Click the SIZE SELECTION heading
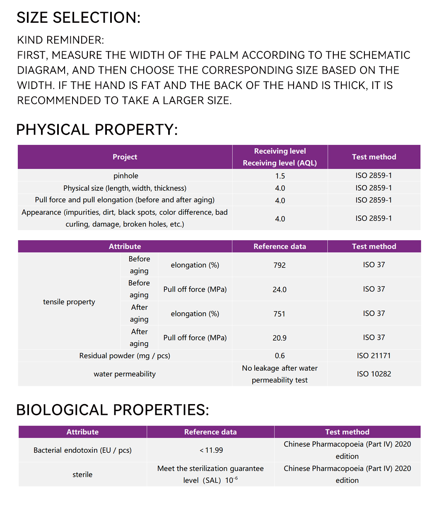pyautogui.click(x=78, y=18)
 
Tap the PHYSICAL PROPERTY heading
pyautogui.click(x=97, y=130)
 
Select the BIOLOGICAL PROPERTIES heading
pyautogui.click(x=112, y=410)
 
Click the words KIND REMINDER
pyautogui.click(x=60, y=40)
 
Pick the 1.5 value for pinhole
pyautogui.click(x=280, y=176)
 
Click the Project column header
pyautogui.click(x=125, y=157)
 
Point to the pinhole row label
pyautogui.click(x=126, y=176)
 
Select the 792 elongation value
pyautogui.click(x=280, y=265)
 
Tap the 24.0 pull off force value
pyautogui.click(x=280, y=289)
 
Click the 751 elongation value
pyautogui.click(x=280, y=314)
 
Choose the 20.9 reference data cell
pyautogui.click(x=280, y=338)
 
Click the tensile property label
pyautogui.click(x=69, y=302)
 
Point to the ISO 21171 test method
pyautogui.click(x=374, y=356)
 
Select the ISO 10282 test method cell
pyautogui.click(x=374, y=374)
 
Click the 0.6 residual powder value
pyautogui.click(x=280, y=356)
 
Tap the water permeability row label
pyautogui.click(x=125, y=374)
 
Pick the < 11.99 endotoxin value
pyautogui.click(x=211, y=450)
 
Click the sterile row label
pyautogui.click(x=82, y=474)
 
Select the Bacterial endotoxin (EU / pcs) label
pyautogui.click(x=82, y=450)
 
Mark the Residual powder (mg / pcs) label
pyautogui.click(x=125, y=356)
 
